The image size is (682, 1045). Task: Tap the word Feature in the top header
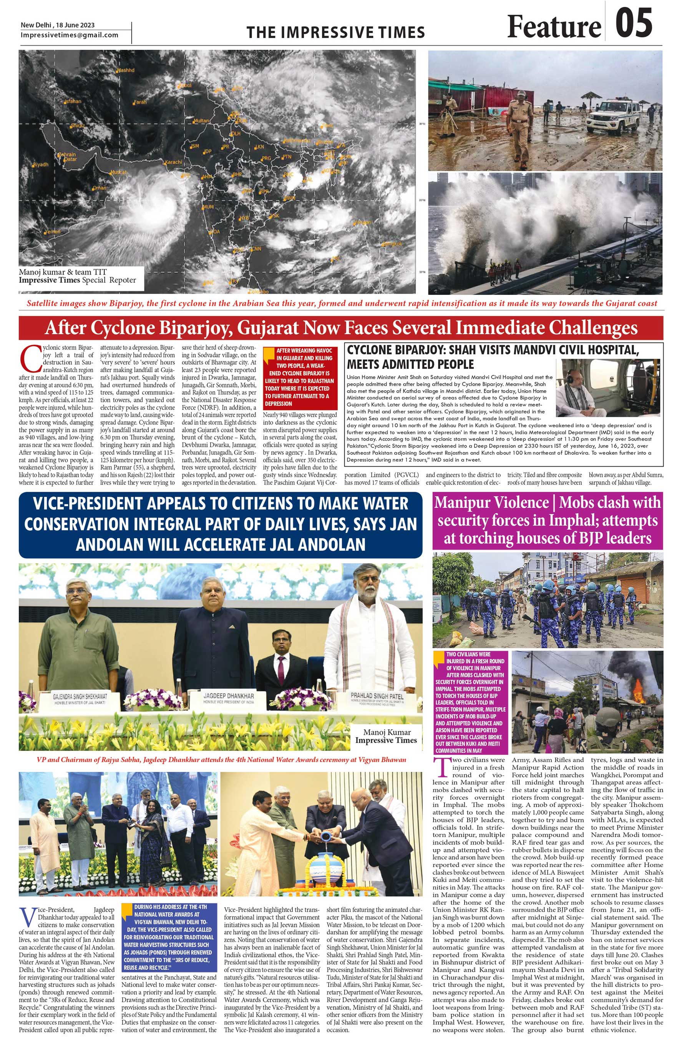tap(554, 27)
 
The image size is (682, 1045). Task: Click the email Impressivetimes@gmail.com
tap(69, 35)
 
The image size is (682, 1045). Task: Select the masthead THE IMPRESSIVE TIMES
tap(335, 33)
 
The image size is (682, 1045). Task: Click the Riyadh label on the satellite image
tap(40, 165)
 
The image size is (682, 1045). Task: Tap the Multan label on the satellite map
tap(201, 120)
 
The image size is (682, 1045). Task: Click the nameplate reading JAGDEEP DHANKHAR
tap(229, 696)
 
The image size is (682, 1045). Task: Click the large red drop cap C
tap(30, 358)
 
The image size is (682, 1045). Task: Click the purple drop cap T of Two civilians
tap(441, 768)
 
